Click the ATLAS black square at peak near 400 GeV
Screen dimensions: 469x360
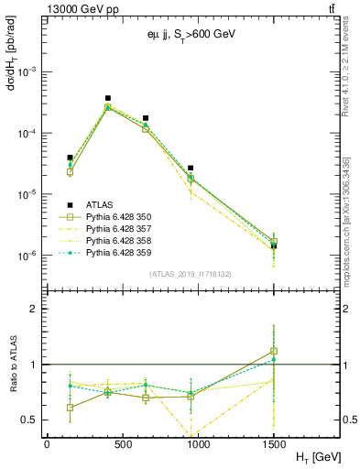point(108,98)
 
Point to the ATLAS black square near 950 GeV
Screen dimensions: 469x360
point(191,169)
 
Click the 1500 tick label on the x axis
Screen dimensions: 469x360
point(274,442)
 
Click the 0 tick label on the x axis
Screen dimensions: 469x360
point(47,442)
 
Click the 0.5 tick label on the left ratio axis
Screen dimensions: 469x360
point(28,420)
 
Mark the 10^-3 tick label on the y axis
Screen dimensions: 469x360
point(26,71)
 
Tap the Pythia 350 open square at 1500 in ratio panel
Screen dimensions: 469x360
point(274,352)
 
